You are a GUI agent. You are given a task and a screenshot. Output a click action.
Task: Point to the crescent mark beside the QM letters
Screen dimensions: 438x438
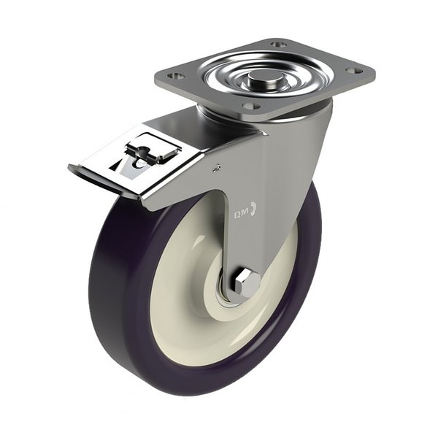tap(253, 209)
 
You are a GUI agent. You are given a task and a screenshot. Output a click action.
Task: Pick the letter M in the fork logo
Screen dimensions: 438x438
tap(247, 212)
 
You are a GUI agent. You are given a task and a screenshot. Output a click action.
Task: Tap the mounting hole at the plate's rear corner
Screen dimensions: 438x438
tap(277, 45)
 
